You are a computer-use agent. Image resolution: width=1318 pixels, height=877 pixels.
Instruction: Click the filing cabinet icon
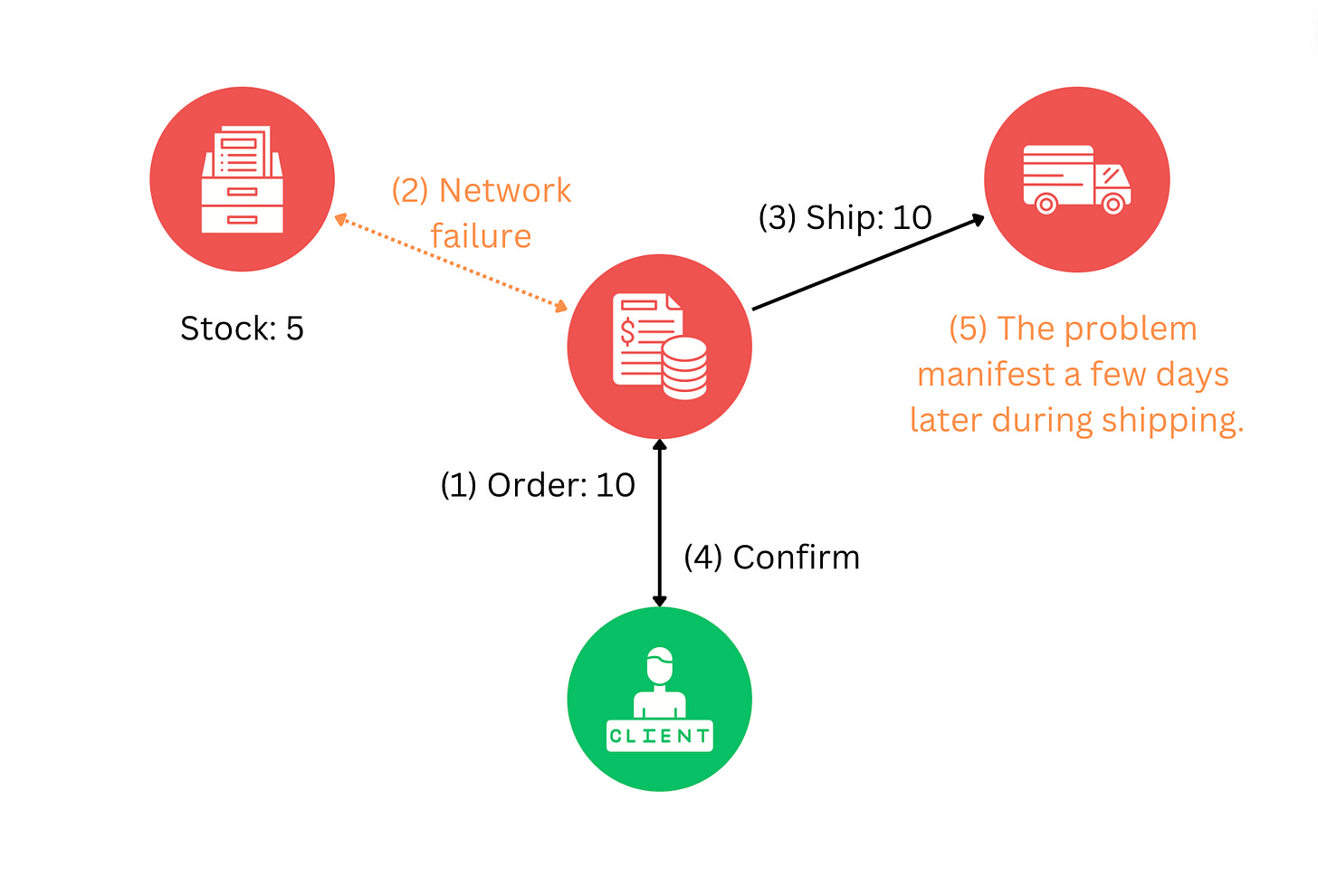coord(242,179)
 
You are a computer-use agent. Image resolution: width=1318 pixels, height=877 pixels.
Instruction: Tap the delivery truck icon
coord(1076,179)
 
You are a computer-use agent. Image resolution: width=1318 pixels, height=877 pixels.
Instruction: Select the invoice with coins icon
coord(659,346)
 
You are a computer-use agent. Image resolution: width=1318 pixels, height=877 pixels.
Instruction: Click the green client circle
coord(659,699)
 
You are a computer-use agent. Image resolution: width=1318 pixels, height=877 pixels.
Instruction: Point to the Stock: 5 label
coord(242,329)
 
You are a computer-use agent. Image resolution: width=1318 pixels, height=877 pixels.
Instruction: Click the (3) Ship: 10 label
coord(845,217)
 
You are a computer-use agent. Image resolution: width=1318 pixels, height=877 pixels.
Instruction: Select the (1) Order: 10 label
coord(538,485)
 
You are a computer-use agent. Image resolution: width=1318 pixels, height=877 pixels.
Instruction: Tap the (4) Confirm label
coord(771,558)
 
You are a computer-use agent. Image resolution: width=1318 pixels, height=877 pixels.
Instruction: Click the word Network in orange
coord(505,191)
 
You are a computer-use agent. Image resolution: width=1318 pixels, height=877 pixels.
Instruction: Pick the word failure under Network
coord(481,236)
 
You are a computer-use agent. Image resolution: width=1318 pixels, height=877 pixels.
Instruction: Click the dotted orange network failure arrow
coord(450,262)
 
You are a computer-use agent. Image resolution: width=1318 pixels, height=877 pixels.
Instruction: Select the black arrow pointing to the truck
coord(867,262)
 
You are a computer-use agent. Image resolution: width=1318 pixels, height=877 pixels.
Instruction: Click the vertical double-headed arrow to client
coord(660,523)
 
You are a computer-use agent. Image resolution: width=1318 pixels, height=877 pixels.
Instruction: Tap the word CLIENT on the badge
coord(659,736)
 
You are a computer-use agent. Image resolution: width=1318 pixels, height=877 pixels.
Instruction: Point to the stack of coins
coord(684,367)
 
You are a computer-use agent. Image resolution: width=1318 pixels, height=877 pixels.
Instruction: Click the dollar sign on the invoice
coord(627,332)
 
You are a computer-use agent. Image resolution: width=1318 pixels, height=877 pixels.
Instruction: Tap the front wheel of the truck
coord(1113,204)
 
